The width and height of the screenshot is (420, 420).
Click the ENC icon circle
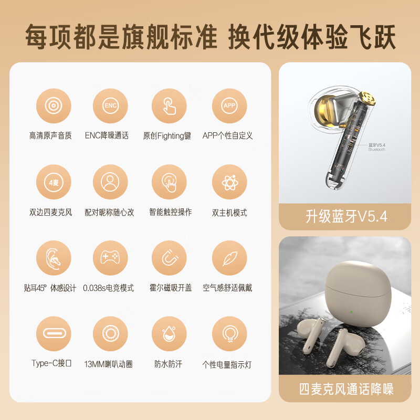click(x=110, y=106)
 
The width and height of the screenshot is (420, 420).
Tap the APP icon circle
click(x=229, y=106)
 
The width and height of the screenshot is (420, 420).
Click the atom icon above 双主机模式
click(x=229, y=182)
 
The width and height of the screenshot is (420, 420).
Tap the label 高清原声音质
click(x=53, y=135)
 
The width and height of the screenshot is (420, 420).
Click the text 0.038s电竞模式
click(x=108, y=288)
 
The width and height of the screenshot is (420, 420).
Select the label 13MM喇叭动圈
click(x=110, y=364)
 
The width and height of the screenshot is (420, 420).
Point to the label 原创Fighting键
click(x=167, y=135)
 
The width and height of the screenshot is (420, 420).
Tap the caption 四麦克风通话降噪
click(x=346, y=389)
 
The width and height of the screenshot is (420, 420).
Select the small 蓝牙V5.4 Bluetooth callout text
click(x=377, y=146)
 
